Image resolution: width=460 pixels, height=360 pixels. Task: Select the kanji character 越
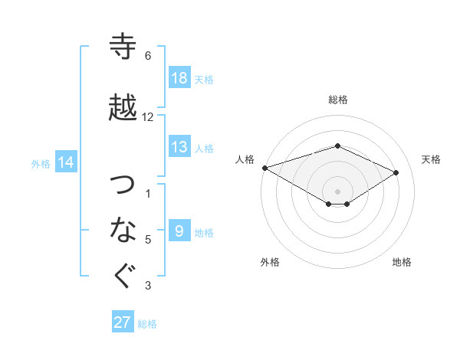[123, 107]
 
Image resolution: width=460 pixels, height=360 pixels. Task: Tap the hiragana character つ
[123, 184]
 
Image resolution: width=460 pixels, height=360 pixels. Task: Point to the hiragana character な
[123, 229]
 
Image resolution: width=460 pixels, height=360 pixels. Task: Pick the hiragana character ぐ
[123, 277]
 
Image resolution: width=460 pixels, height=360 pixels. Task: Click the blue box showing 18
[179, 78]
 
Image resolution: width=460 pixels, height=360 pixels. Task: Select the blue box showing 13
[179, 148]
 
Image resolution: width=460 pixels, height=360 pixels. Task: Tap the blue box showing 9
[179, 231]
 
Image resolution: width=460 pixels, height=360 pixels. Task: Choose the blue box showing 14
[65, 162]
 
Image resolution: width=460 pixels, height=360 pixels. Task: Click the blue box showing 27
[123, 322]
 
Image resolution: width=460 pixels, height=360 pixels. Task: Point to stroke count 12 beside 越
[148, 117]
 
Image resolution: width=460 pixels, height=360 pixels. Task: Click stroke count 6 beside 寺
[148, 56]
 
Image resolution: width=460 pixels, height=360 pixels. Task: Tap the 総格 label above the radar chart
[338, 100]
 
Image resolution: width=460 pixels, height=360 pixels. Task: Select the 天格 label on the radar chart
[432, 159]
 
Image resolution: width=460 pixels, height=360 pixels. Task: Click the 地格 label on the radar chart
[402, 262]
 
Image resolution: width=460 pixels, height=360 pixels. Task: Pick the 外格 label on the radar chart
[270, 262]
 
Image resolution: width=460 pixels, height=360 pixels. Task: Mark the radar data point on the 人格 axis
[264, 168]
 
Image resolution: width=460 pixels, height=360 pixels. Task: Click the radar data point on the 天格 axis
[396, 172]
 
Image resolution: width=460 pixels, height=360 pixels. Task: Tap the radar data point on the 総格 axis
[337, 146]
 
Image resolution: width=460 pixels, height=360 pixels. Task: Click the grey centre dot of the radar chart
[337, 190]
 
